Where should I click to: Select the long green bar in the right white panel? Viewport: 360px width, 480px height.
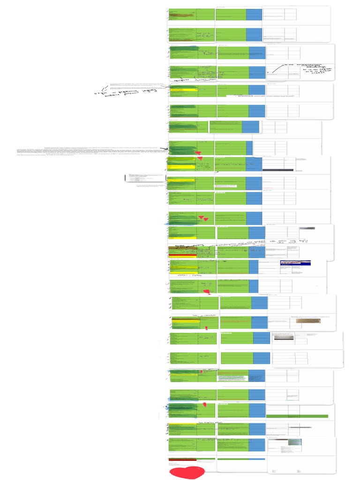click(x=297, y=416)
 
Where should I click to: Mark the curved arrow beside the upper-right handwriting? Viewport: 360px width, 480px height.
click(x=275, y=69)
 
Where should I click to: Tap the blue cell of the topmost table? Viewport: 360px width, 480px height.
click(x=254, y=15)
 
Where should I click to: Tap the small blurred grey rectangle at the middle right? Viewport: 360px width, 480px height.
click(x=307, y=228)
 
